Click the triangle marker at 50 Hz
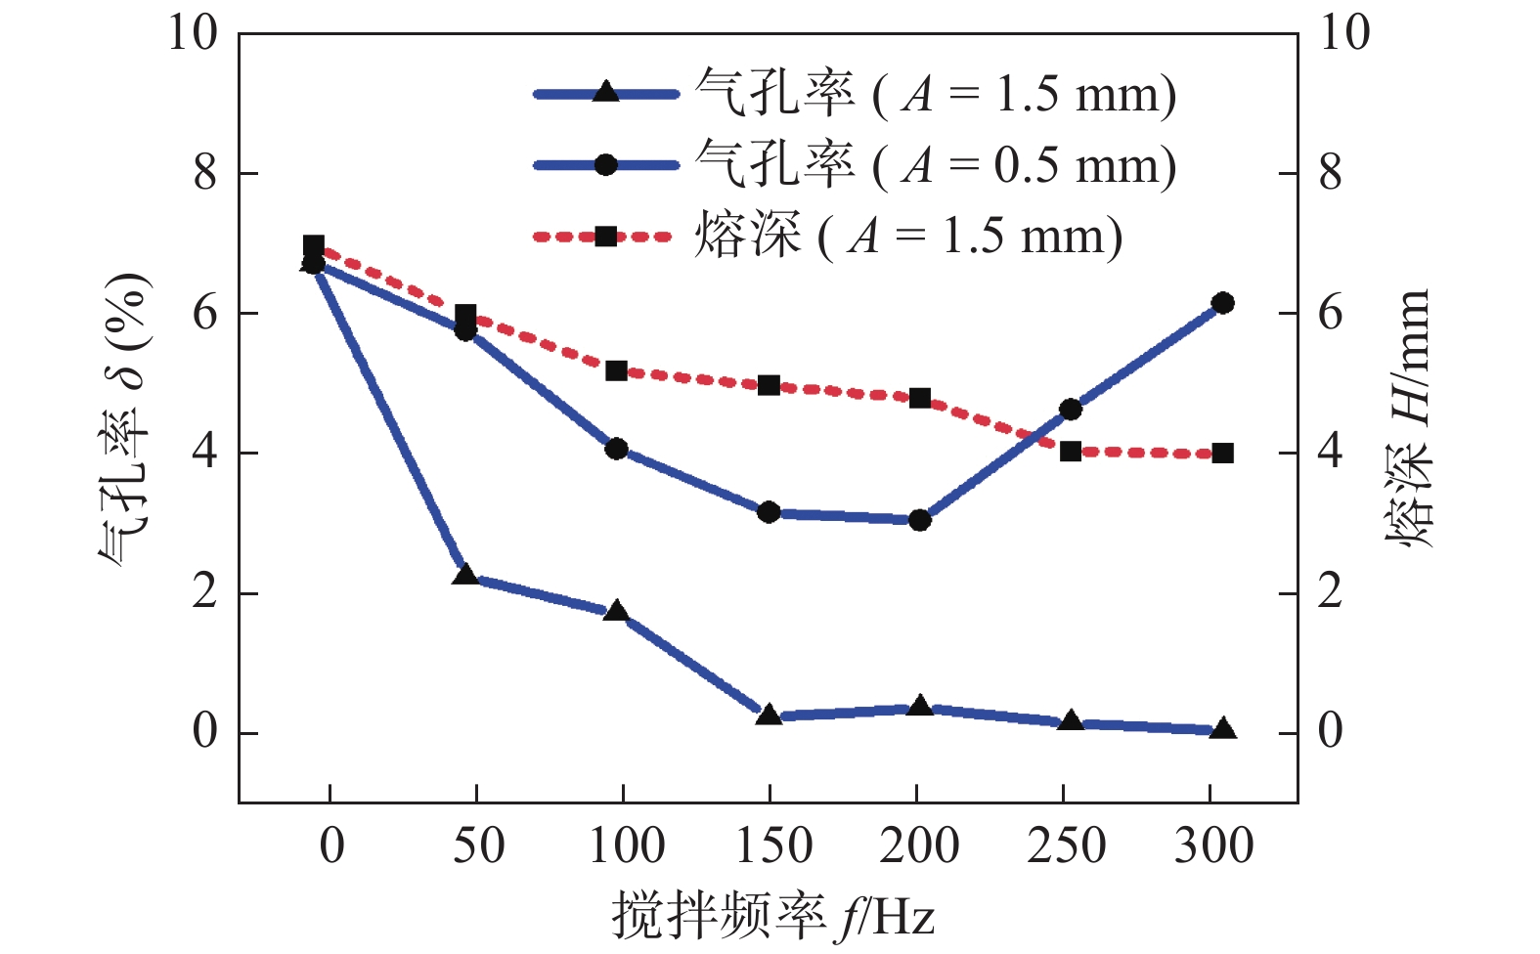[465, 575]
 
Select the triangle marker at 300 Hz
[1222, 729]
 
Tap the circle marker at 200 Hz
[919, 520]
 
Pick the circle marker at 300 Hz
[1222, 303]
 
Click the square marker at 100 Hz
[616, 370]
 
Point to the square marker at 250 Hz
[1071, 452]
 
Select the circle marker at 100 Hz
[616, 449]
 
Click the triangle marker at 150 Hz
[769, 715]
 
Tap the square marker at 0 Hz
[314, 245]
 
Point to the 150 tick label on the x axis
[773, 846]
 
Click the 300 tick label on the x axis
[1213, 846]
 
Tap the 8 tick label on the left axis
[205, 174]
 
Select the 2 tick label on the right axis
[1330, 592]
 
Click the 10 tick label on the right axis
[1345, 33]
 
